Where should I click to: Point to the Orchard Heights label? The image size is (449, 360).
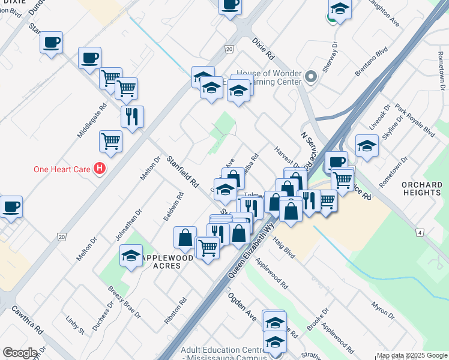(421, 188)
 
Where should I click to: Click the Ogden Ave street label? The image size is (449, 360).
(242, 306)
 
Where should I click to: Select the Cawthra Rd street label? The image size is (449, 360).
(27, 319)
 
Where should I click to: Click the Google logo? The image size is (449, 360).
(19, 353)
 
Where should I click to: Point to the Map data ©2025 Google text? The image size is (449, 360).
(412, 355)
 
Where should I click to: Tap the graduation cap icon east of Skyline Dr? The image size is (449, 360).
(367, 146)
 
